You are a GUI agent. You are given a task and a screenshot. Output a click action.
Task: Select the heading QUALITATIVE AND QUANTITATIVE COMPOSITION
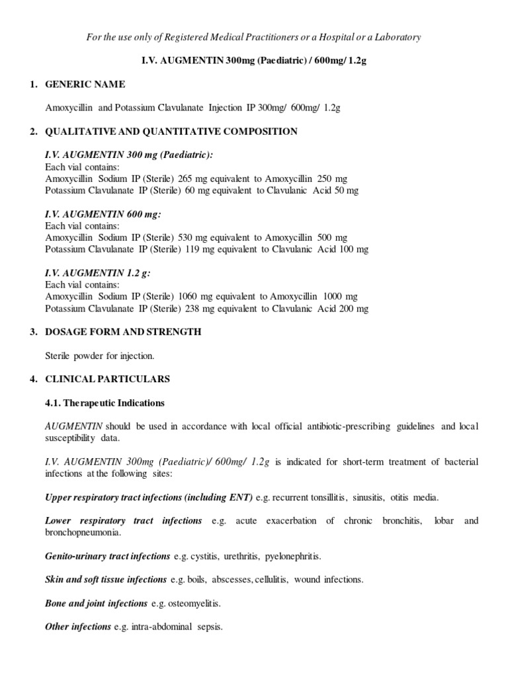click(x=171, y=132)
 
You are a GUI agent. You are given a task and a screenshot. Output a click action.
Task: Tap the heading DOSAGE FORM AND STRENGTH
click(x=122, y=332)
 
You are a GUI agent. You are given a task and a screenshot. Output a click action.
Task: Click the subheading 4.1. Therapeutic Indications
click(x=105, y=403)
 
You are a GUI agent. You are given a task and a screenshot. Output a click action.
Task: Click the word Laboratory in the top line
click(x=397, y=37)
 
